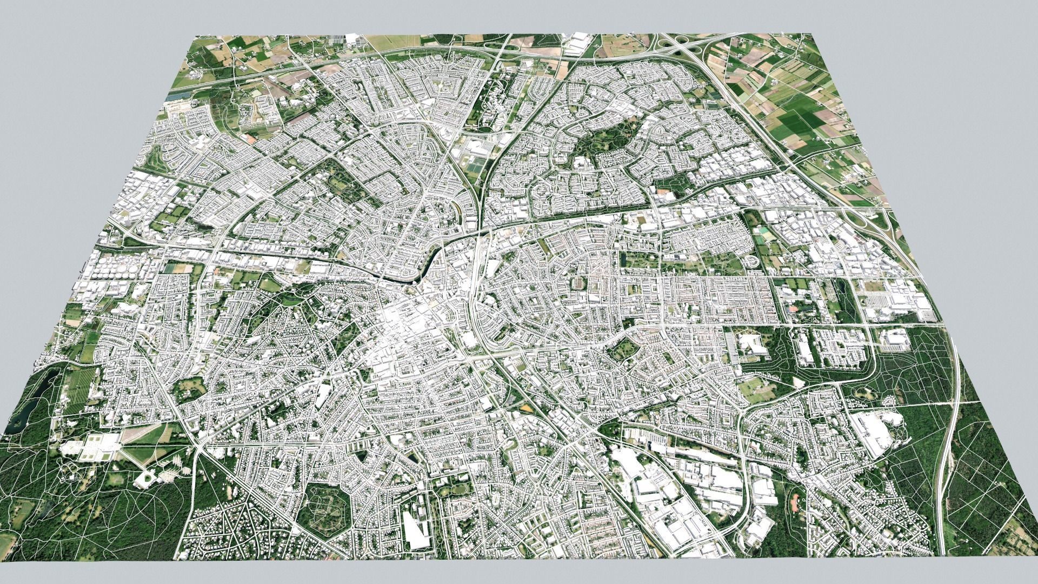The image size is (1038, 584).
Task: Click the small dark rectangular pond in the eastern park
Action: (624, 260)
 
